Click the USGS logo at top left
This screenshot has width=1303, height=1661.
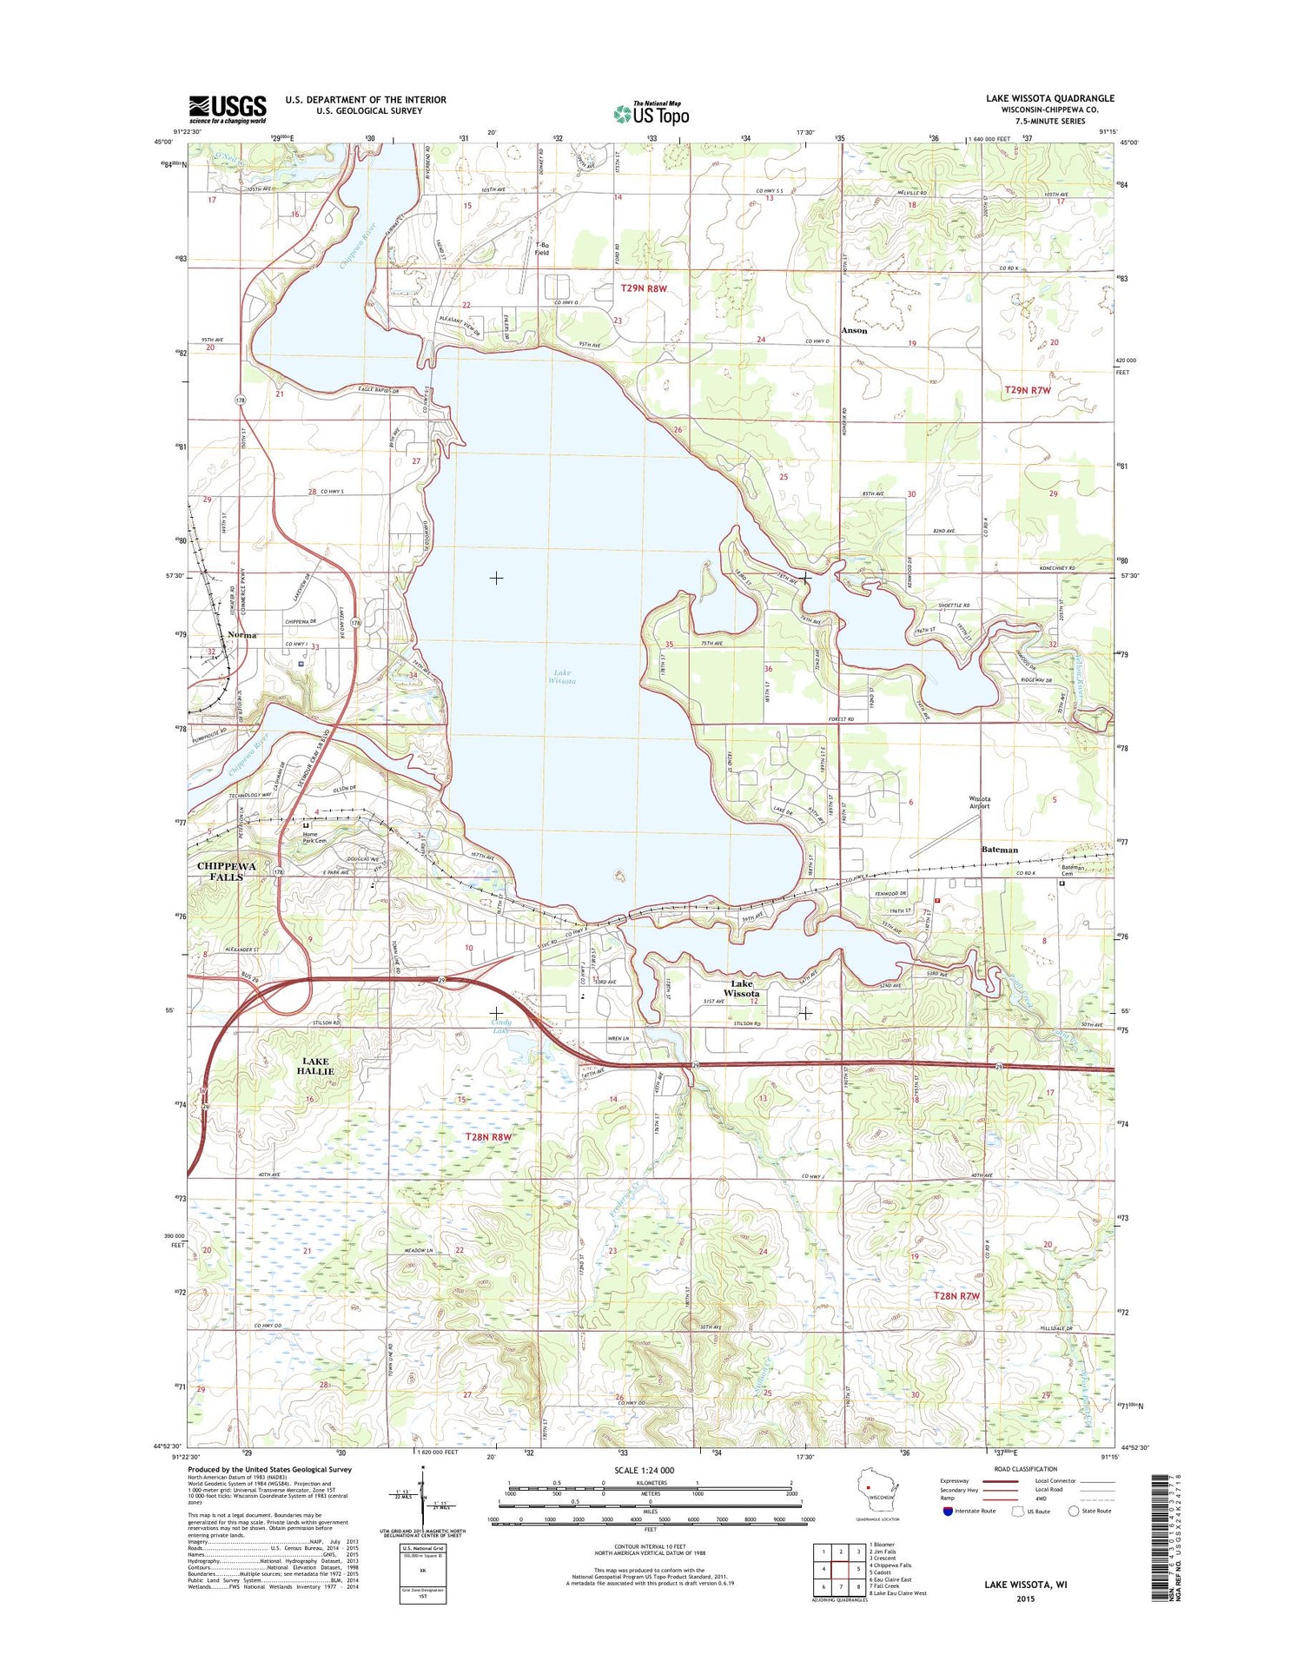point(228,109)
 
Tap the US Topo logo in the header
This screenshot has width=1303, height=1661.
point(651,113)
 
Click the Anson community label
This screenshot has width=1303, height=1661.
point(854,330)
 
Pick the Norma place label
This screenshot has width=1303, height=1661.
point(241,635)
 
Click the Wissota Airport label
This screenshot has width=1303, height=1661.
point(979,802)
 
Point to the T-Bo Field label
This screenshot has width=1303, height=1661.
point(542,248)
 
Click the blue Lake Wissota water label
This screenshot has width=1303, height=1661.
point(561,677)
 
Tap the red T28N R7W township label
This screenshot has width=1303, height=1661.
point(956,1295)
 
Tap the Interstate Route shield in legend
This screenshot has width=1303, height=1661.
point(946,1511)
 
